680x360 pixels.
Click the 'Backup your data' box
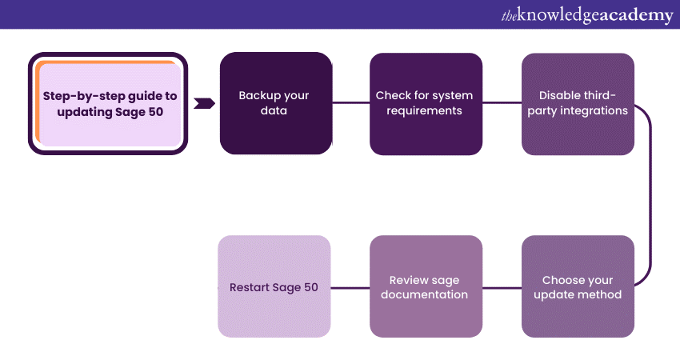pyautogui.click(x=275, y=103)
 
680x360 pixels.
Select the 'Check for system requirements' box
pyautogui.click(x=426, y=103)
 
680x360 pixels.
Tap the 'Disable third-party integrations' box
pyautogui.click(x=578, y=103)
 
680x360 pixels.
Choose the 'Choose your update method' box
pyautogui.click(x=578, y=287)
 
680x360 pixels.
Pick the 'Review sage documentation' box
pyautogui.click(x=426, y=287)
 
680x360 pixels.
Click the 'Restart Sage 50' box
pyautogui.click(x=274, y=287)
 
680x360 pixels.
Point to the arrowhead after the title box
pyautogui.click(x=205, y=103)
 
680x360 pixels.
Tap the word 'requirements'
pyautogui.click(x=424, y=110)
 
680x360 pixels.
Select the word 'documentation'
pyautogui.click(x=424, y=294)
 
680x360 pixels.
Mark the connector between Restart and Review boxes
pyautogui.click(x=350, y=287)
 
